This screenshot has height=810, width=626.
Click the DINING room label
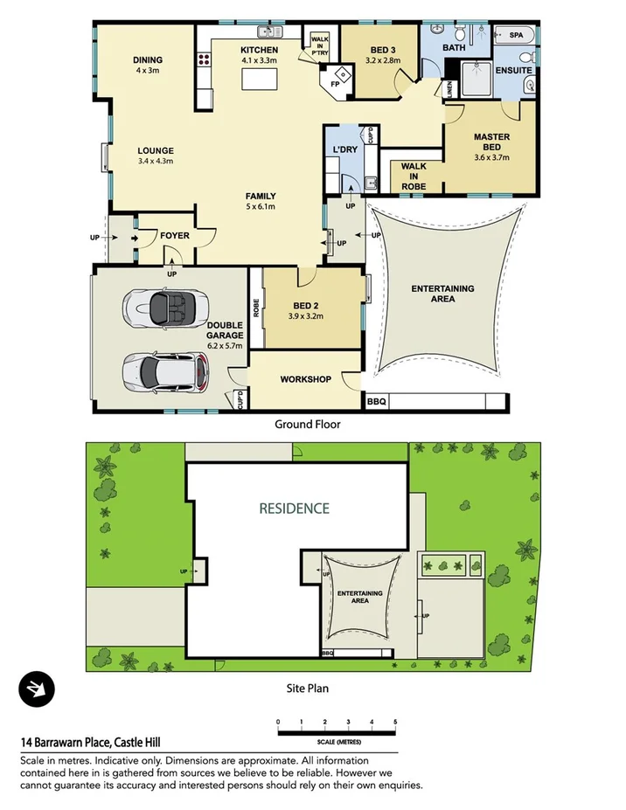click(148, 60)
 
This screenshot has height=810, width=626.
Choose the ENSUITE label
click(511, 69)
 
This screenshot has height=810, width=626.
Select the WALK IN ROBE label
click(414, 175)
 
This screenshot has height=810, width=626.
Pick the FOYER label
click(174, 236)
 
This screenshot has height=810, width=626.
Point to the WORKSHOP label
click(305, 379)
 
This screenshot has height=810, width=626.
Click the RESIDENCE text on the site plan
click(294, 508)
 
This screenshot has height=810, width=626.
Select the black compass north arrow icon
click(37, 689)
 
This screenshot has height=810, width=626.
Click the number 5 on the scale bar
click(395, 722)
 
